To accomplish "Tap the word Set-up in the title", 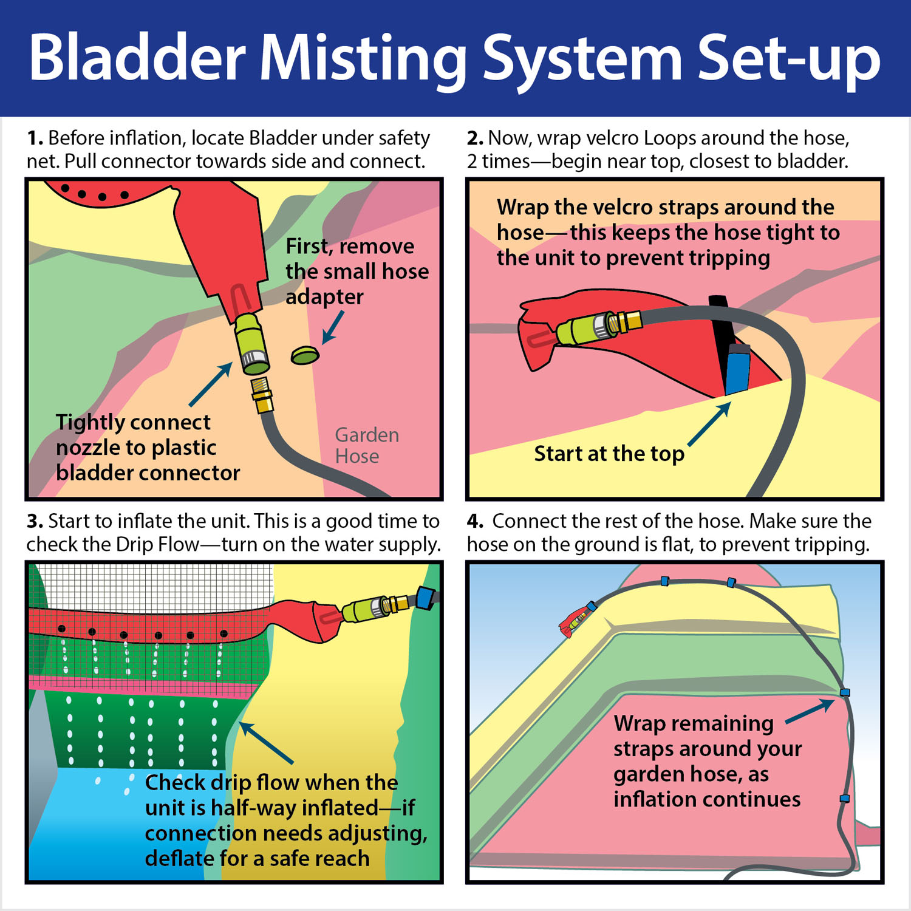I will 789,59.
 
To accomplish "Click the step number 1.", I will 34,138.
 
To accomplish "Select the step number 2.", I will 474,138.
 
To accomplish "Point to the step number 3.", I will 34,522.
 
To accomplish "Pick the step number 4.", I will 475,522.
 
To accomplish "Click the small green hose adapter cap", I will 305,355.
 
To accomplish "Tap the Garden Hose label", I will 367,445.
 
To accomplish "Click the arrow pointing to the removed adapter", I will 332,327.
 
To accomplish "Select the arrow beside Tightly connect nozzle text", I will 210,384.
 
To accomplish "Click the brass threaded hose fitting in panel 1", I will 262,395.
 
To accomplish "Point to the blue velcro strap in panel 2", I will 737,369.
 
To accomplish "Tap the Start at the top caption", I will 609,454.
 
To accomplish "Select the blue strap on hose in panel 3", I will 426,598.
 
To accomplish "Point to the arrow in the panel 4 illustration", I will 810,711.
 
